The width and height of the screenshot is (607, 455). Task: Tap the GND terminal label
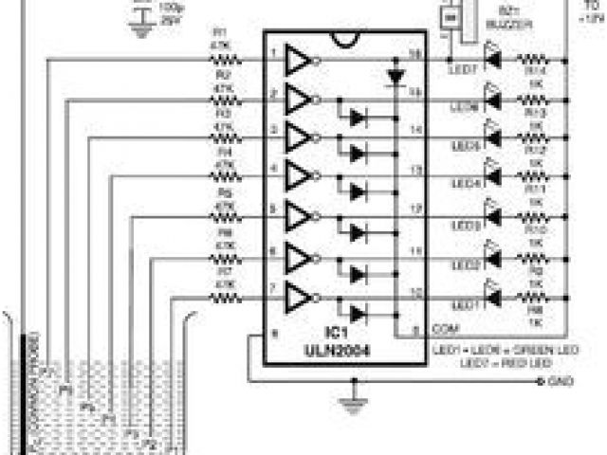click(x=559, y=381)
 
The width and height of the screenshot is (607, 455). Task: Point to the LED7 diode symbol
click(x=491, y=60)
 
